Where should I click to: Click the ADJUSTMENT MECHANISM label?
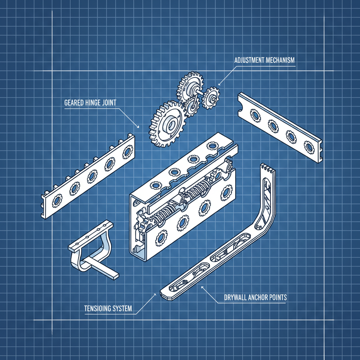264,60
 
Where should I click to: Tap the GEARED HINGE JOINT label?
90,103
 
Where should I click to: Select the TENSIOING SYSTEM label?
108,309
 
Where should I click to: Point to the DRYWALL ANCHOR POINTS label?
255,297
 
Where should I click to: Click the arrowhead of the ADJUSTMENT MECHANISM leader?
219,84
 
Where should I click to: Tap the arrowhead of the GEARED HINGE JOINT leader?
140,127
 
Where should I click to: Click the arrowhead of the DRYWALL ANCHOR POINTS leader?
201,287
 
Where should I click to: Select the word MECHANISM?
280,60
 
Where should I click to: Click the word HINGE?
94,103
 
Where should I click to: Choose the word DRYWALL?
236,297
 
